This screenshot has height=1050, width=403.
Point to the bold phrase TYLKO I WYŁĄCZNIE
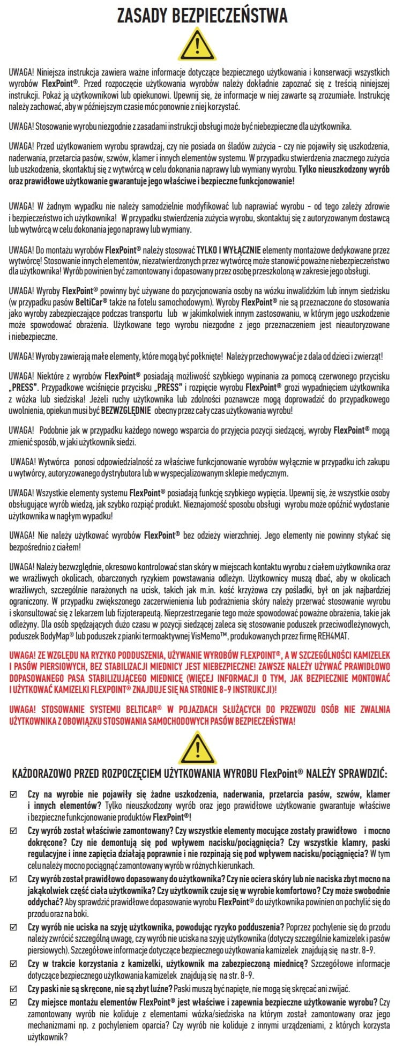pos(229,250)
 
